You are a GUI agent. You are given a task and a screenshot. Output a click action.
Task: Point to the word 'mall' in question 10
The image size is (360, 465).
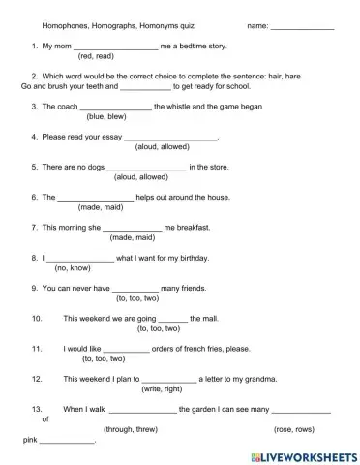(x=204, y=318)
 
